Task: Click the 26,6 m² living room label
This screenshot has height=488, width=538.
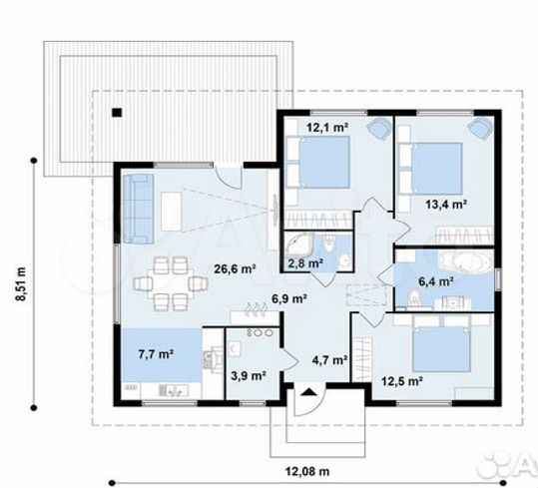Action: (235, 268)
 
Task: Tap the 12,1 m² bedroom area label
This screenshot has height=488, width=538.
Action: (327, 128)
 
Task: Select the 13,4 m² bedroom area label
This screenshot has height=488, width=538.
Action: (446, 205)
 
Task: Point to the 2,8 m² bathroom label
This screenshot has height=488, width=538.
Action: (305, 263)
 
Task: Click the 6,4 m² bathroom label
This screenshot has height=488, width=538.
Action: (436, 281)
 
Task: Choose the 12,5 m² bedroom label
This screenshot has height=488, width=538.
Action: (402, 380)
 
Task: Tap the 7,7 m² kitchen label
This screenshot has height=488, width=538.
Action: (156, 354)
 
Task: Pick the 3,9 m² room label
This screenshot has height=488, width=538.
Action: (249, 376)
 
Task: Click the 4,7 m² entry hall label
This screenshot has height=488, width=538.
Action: (329, 360)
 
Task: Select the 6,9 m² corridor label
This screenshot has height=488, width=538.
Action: (288, 299)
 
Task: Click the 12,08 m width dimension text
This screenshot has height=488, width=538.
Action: (307, 471)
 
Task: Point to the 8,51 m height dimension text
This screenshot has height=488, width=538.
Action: (21, 283)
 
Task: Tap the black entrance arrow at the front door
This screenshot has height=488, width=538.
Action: (308, 392)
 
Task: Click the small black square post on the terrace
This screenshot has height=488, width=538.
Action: (117, 113)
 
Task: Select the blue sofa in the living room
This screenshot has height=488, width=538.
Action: (139, 209)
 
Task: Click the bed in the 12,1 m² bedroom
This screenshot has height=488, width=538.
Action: (318, 162)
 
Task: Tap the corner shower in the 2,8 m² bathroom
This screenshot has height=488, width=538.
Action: (298, 244)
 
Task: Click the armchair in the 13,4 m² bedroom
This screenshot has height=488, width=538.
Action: (481, 129)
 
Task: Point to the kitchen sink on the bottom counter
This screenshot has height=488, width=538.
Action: (174, 390)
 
